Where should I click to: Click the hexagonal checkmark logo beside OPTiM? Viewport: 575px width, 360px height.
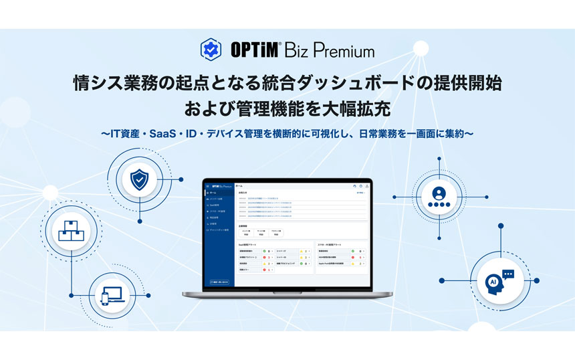[x=211, y=49]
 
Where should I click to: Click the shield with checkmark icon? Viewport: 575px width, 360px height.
[x=138, y=179]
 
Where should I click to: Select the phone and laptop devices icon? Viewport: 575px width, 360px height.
[x=110, y=295]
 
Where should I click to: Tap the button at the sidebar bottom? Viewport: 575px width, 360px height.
[x=220, y=282]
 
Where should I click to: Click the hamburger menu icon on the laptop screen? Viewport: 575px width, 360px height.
[x=208, y=186]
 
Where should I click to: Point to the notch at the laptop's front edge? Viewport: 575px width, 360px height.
[x=288, y=294]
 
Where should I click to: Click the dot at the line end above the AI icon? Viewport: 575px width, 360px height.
[x=500, y=226]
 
